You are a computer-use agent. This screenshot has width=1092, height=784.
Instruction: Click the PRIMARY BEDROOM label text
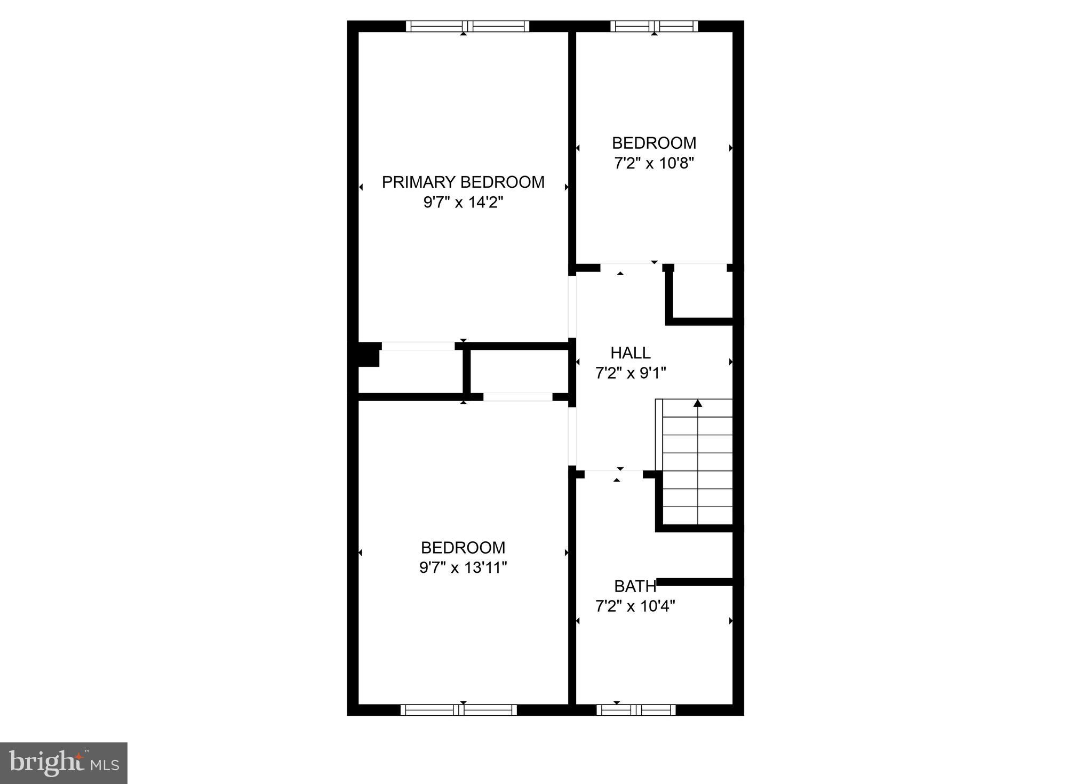463,182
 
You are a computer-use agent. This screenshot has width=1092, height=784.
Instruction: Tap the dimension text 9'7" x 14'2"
463,203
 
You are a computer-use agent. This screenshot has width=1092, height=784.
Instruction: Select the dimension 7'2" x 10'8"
653,163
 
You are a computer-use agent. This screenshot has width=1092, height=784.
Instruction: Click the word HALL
631,353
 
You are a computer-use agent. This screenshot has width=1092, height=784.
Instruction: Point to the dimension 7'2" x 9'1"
631,373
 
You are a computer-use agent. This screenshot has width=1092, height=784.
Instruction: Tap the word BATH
635,587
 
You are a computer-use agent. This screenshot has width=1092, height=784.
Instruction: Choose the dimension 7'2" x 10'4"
635,606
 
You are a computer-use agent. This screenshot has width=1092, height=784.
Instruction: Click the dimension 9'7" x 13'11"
463,567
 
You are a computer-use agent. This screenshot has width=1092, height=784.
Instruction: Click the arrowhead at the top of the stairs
698,403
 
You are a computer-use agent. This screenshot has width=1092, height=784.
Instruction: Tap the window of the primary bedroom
467,26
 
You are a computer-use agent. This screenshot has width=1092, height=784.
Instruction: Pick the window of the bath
636,710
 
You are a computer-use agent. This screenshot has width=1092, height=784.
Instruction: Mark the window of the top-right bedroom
654,26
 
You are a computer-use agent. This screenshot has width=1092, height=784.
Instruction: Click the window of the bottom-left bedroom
459,710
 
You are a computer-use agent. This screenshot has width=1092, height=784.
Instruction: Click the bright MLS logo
63,763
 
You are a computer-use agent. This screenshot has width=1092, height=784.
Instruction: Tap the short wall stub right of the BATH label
695,582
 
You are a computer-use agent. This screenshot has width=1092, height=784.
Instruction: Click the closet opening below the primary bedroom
418,346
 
